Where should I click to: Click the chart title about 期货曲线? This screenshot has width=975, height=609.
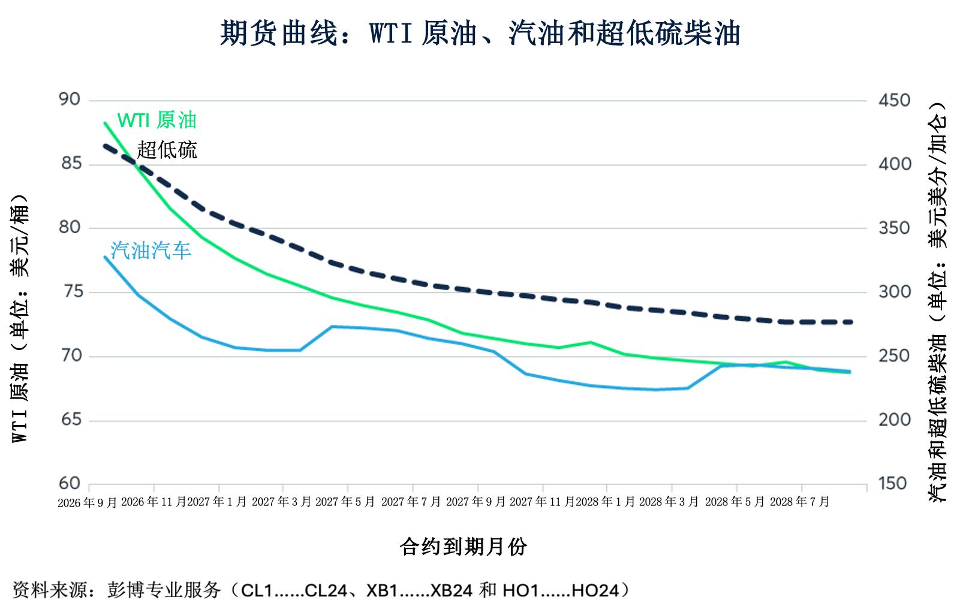(x=480, y=33)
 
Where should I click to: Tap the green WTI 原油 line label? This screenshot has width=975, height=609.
(x=157, y=120)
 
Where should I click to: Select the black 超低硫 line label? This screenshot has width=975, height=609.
(x=167, y=150)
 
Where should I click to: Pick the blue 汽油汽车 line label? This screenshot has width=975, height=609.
(x=151, y=251)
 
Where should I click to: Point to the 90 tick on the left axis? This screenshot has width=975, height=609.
(x=70, y=100)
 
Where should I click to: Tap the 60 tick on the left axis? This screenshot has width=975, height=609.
(x=70, y=483)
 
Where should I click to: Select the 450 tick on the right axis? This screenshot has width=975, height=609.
(x=894, y=101)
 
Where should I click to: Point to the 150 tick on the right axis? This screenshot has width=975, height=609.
(x=892, y=484)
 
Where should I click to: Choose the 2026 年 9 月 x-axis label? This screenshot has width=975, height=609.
(x=88, y=503)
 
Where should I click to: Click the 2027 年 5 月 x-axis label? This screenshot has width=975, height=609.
(x=345, y=502)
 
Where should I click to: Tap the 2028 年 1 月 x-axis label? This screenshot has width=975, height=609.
(x=606, y=502)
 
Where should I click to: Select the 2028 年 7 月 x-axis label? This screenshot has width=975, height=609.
(x=799, y=502)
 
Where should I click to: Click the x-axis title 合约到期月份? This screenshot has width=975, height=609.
(x=464, y=547)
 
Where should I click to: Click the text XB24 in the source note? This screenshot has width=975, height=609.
(x=451, y=590)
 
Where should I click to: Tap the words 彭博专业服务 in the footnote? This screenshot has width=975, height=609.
(x=164, y=590)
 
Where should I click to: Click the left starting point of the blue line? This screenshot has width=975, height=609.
(x=106, y=257)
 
